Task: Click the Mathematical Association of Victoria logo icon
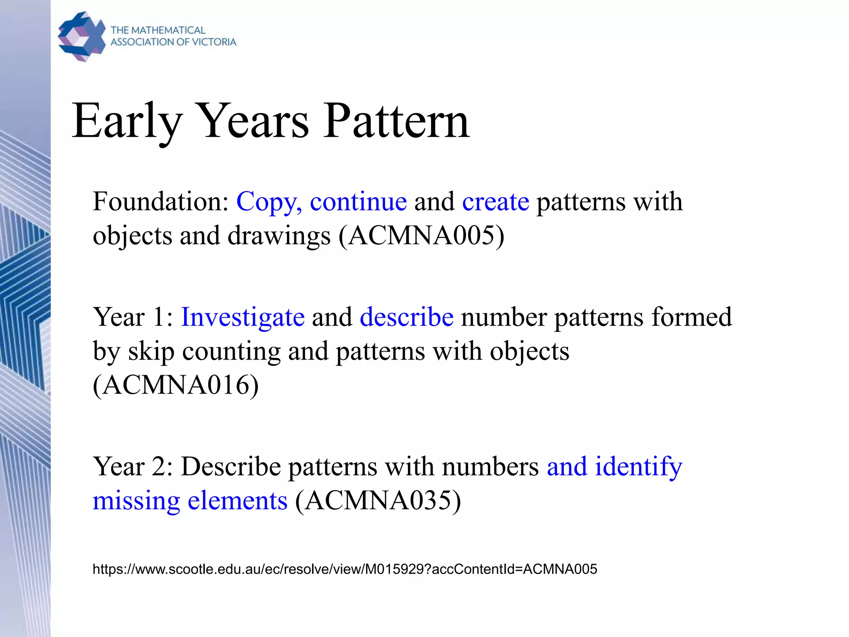point(82,36)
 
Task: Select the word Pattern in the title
point(396,121)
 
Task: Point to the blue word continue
point(358,202)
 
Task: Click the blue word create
point(495,202)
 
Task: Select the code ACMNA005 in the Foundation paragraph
point(422,236)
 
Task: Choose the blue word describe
point(407,317)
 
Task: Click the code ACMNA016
point(176,385)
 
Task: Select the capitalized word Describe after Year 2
point(231,467)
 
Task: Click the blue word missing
point(136,501)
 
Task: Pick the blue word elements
point(238,500)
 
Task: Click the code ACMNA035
point(378,501)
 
